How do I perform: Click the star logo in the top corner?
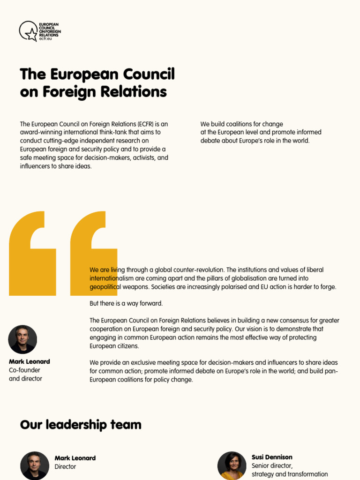29,31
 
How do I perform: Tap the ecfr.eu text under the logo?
46,39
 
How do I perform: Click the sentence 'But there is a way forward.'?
126,304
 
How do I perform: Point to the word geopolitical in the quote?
107,287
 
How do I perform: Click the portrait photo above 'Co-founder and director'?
22,339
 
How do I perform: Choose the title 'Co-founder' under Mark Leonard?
24,370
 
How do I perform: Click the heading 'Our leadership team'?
81,425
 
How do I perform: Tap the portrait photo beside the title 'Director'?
35,465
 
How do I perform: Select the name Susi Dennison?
272,457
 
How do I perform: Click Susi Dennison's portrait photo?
232,465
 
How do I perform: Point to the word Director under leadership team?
65,467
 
